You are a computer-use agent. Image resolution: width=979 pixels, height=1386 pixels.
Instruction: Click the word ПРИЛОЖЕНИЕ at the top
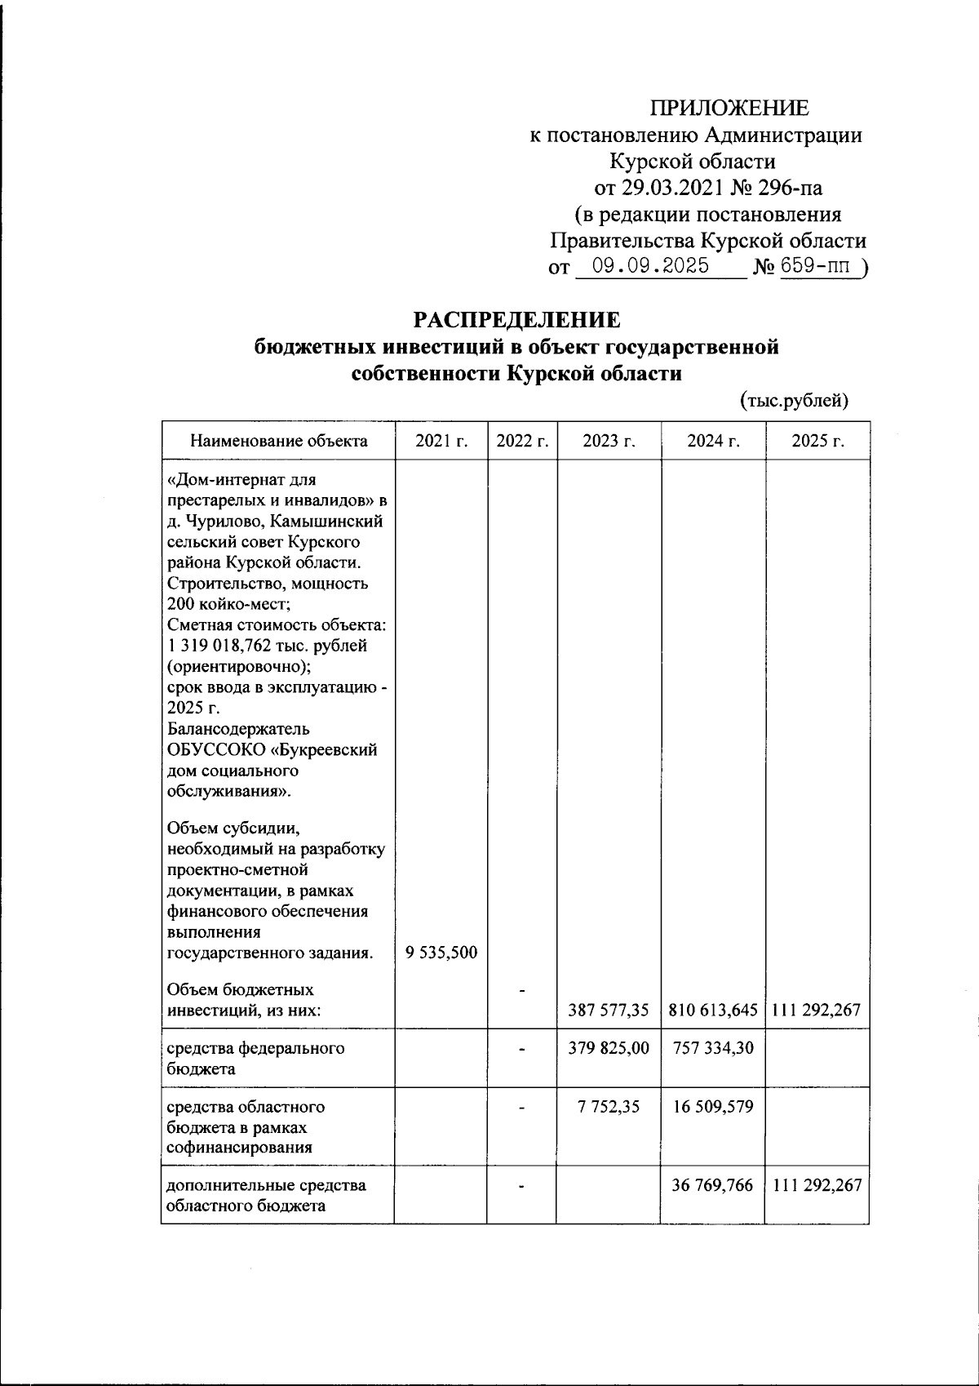click(x=729, y=108)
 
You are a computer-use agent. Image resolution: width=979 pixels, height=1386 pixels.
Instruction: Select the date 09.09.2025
click(x=650, y=267)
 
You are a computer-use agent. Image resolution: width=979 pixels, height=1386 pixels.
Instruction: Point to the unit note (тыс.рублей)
click(x=795, y=401)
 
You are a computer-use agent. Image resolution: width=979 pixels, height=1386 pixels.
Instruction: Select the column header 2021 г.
click(x=441, y=442)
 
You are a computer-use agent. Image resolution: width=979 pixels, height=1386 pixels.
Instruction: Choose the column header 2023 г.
click(x=609, y=442)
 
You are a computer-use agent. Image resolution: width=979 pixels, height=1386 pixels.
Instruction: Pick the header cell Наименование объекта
click(x=279, y=442)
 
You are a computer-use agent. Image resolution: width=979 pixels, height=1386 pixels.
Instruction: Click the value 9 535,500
click(x=441, y=953)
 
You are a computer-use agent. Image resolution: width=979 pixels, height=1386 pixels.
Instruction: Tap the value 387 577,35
click(x=609, y=1011)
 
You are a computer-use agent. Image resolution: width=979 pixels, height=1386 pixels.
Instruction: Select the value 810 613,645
click(x=713, y=1011)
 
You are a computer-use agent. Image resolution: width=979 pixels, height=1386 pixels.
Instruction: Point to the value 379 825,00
click(x=609, y=1048)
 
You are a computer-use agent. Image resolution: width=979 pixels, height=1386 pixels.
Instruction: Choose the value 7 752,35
click(x=609, y=1108)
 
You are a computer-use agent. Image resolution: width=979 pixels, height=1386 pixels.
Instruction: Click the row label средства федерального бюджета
click(x=255, y=1058)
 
